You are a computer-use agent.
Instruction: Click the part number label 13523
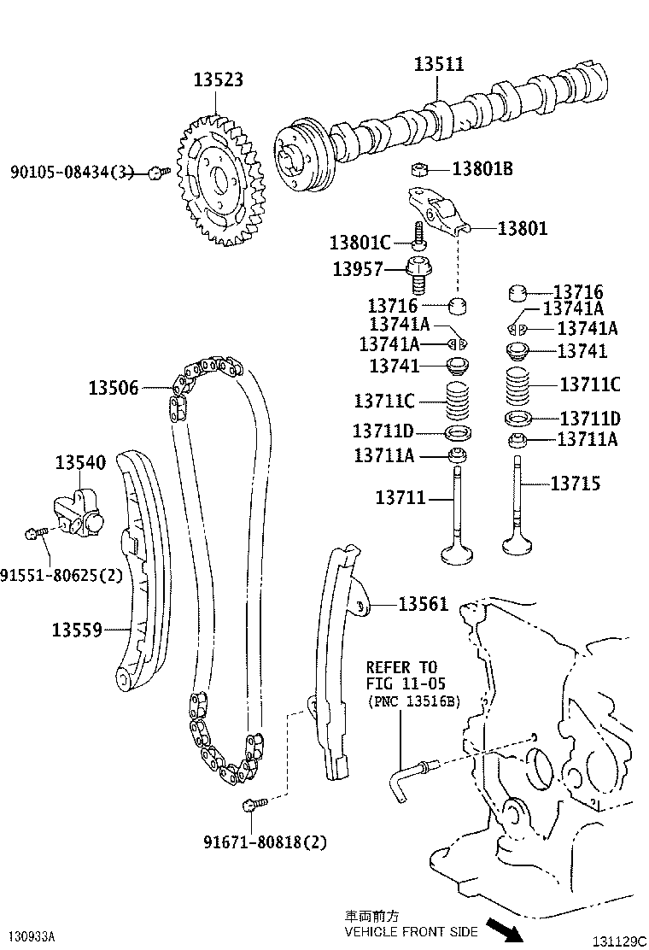coord(218,79)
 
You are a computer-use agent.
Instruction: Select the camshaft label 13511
coord(439,64)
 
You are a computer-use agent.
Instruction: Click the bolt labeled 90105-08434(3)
coord(155,173)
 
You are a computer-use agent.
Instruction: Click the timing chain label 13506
coord(113,388)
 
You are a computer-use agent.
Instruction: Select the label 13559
coord(77,630)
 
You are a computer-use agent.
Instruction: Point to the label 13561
coord(423,604)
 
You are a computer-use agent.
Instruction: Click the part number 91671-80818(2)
coord(265,842)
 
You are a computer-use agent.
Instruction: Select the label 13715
coord(575,484)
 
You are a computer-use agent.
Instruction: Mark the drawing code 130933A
coord(32,936)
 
